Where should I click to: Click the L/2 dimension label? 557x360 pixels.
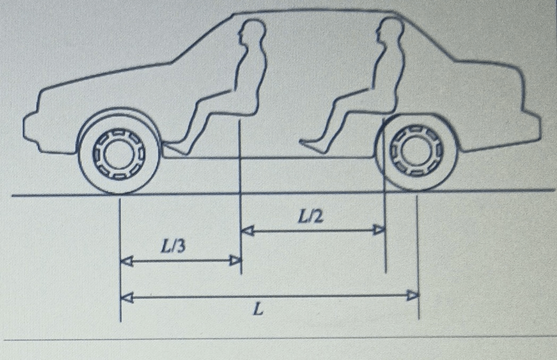point(310,216)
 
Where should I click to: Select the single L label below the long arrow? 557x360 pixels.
point(259,310)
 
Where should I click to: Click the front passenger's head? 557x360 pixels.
point(253,31)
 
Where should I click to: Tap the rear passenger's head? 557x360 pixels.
point(390,30)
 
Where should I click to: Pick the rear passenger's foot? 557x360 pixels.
point(313,146)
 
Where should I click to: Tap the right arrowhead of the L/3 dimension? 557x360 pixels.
point(235,261)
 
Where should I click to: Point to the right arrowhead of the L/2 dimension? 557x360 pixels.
point(379,230)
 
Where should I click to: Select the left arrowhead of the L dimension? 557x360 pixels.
point(127,297)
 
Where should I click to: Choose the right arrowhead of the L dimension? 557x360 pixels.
point(412,295)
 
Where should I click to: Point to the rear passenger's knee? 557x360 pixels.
point(338,101)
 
